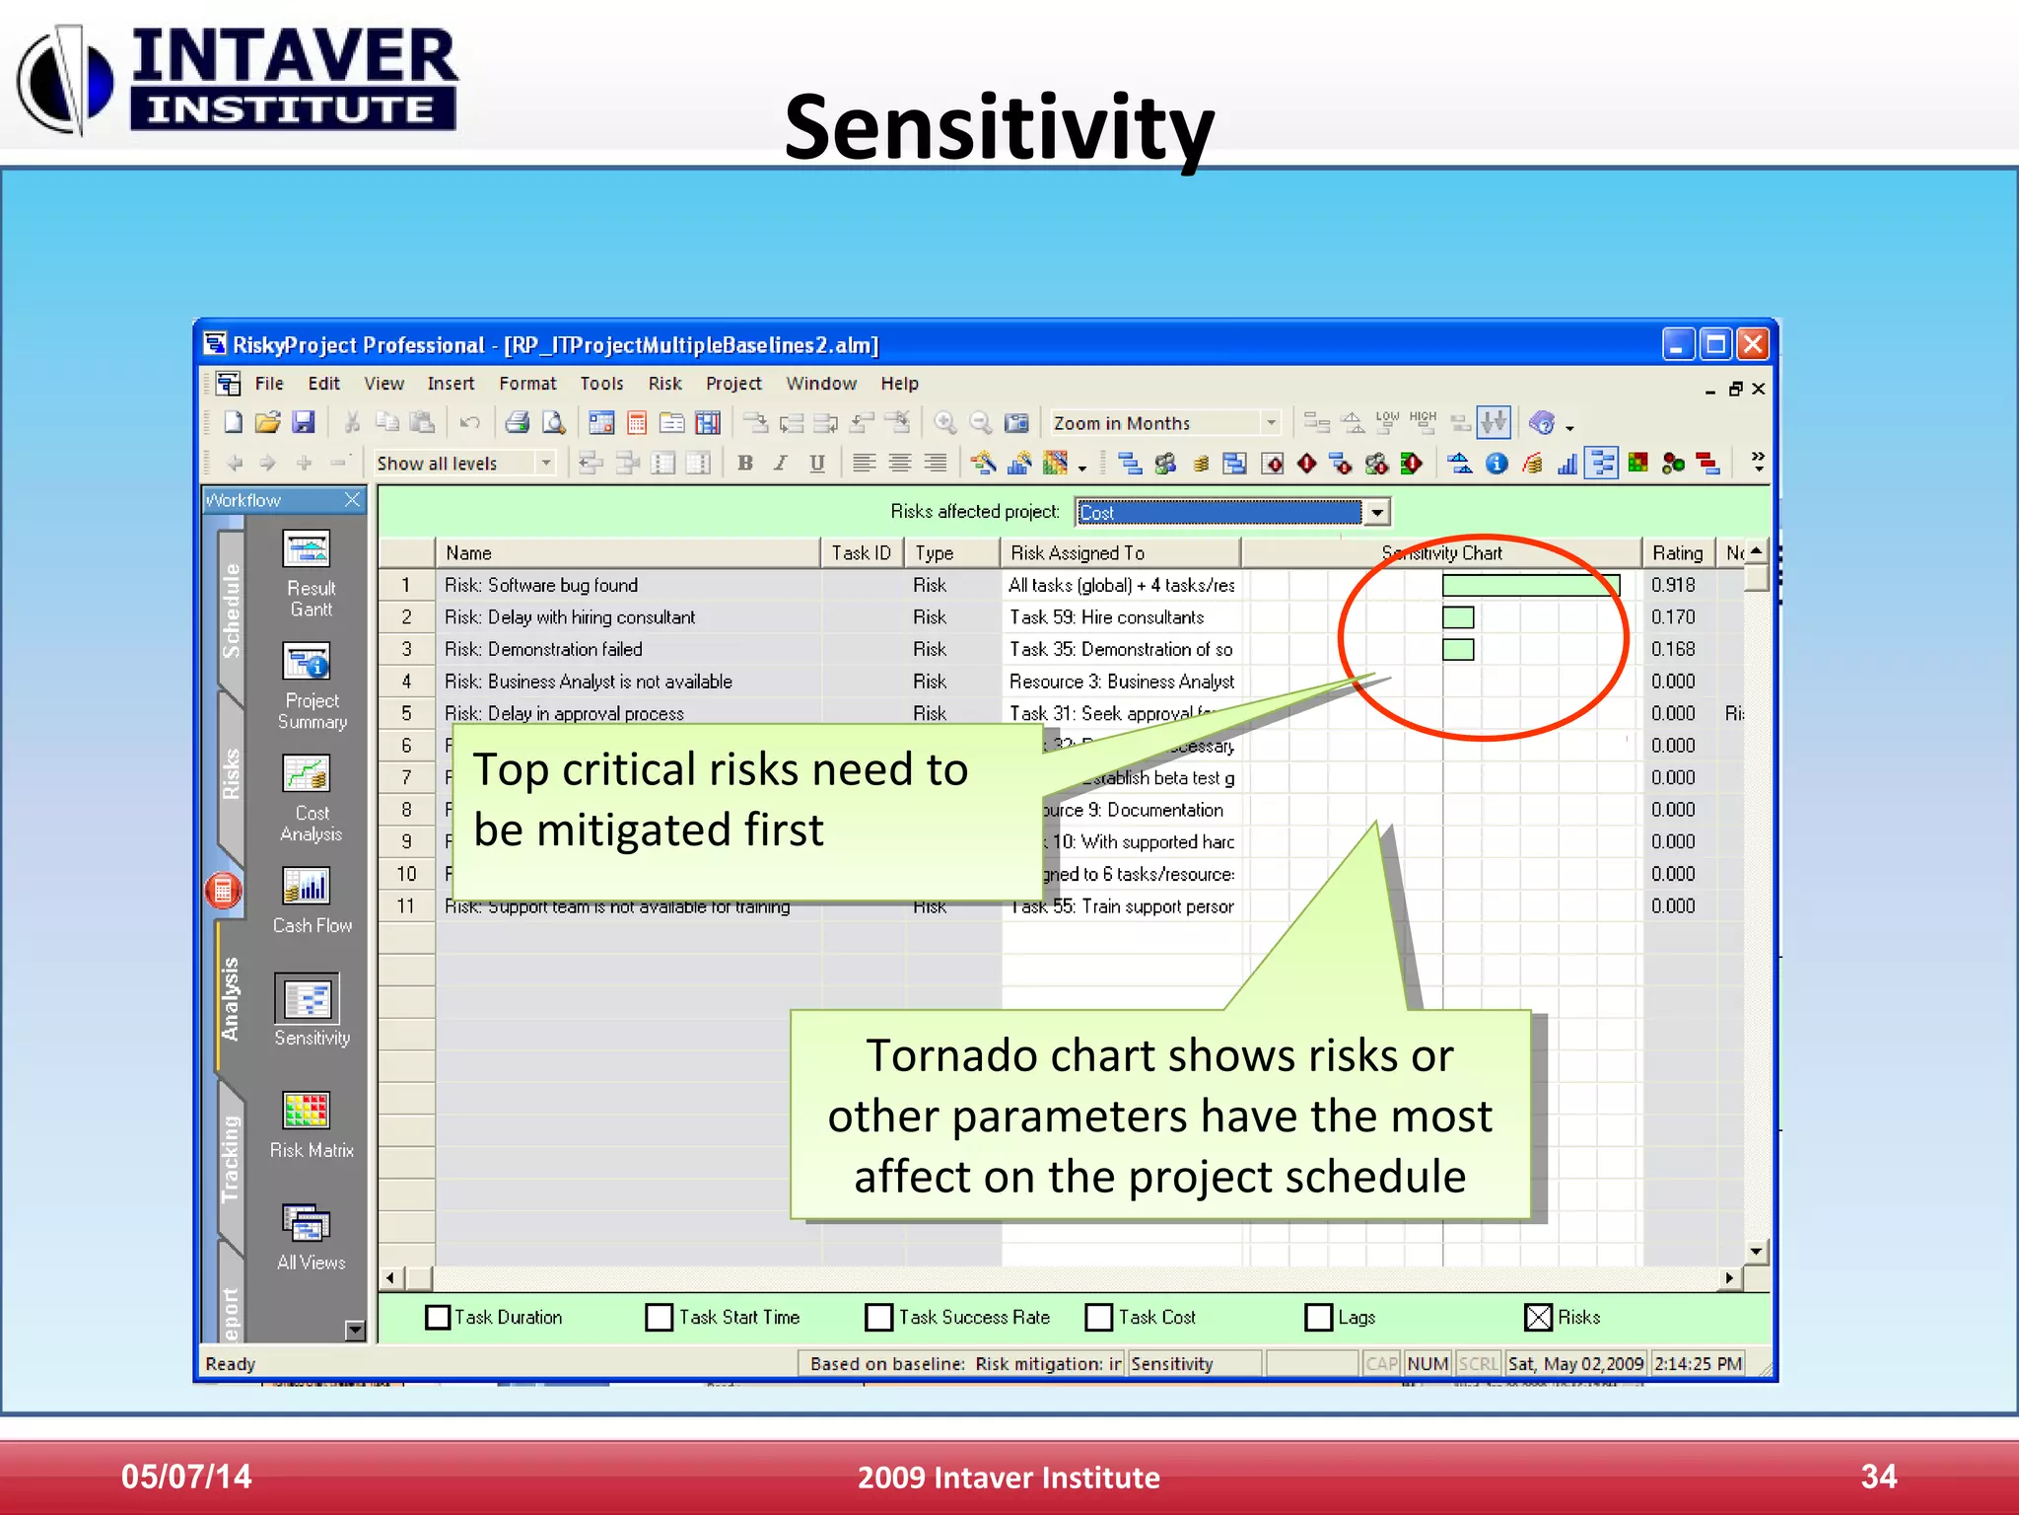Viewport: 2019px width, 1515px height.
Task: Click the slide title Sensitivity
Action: [x=998, y=128]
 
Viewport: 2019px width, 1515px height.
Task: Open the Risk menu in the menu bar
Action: [x=664, y=384]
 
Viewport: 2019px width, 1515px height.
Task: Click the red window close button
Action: [x=1752, y=344]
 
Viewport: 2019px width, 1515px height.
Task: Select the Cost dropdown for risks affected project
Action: [x=1232, y=512]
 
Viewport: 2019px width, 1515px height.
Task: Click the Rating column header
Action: [x=1677, y=553]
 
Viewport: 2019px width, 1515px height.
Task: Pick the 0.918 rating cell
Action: [x=1673, y=585]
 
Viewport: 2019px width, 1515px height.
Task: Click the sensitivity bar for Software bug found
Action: [x=1529, y=586]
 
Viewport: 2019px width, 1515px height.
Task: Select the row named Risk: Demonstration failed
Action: [x=543, y=650]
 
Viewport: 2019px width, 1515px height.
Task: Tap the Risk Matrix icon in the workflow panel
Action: [x=308, y=1112]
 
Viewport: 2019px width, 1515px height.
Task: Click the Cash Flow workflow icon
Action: [x=308, y=887]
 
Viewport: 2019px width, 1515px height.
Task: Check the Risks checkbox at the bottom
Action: [x=1538, y=1318]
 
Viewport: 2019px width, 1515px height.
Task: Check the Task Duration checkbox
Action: [x=438, y=1318]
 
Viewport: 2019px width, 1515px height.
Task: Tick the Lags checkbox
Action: [x=1318, y=1318]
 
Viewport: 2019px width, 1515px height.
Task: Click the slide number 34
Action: [x=1878, y=1477]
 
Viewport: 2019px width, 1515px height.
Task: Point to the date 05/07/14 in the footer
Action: [x=186, y=1477]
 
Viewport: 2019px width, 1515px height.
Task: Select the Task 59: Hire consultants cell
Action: [x=1106, y=617]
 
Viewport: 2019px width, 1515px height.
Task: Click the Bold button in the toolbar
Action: [x=745, y=463]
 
